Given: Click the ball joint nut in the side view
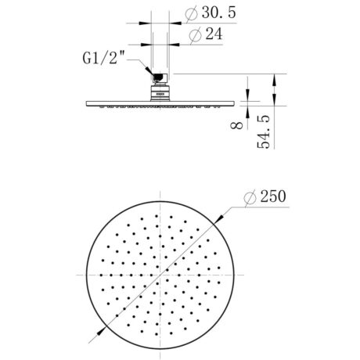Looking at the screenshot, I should click(159, 77).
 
